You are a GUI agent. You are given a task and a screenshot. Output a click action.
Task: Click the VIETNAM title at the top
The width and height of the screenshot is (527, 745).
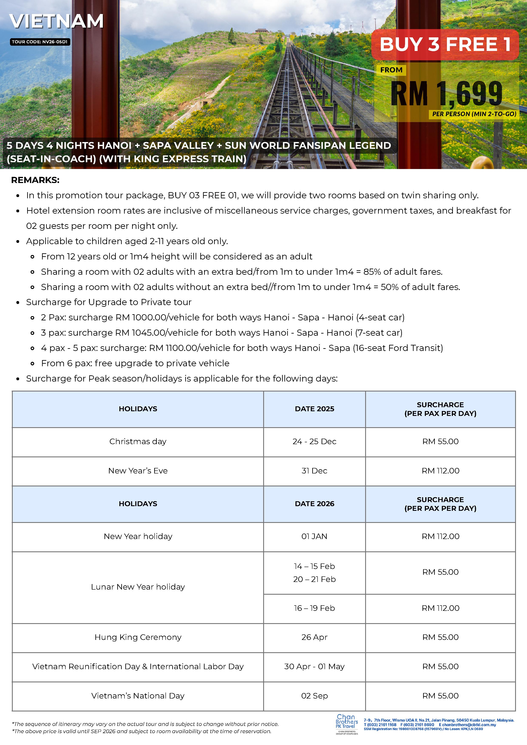click(x=57, y=21)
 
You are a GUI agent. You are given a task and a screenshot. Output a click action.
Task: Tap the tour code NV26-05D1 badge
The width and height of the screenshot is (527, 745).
click(x=40, y=42)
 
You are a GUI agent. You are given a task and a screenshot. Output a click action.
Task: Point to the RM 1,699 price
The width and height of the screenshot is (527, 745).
click(x=446, y=94)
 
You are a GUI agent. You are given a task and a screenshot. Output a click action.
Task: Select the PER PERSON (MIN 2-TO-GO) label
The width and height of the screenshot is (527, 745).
click(x=474, y=114)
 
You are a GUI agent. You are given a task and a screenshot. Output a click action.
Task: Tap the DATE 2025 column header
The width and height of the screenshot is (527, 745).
click(x=314, y=409)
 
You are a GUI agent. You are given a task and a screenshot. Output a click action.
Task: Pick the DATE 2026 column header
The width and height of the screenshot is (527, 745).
click(x=314, y=504)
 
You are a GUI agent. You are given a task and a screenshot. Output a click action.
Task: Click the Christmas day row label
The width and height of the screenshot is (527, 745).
click(x=138, y=441)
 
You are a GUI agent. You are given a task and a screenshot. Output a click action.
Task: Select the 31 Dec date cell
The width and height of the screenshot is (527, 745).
click(x=314, y=471)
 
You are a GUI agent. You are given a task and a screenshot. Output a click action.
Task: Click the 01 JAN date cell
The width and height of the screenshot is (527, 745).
click(x=314, y=536)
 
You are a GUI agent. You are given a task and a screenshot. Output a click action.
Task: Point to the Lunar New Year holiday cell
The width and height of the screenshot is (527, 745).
click(x=138, y=587)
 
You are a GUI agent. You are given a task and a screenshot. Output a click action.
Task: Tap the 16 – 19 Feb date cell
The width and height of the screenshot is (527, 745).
click(x=314, y=608)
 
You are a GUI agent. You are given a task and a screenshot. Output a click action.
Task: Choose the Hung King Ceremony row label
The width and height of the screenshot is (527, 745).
click(x=138, y=637)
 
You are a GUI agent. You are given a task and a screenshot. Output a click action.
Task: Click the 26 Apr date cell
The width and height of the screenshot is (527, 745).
click(x=314, y=637)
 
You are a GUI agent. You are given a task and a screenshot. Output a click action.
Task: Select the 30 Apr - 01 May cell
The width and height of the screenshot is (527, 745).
click(x=314, y=666)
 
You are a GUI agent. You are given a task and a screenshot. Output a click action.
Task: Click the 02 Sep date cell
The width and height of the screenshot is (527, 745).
click(x=314, y=696)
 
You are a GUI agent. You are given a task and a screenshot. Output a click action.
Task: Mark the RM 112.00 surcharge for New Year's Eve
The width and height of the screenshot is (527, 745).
click(x=440, y=471)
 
